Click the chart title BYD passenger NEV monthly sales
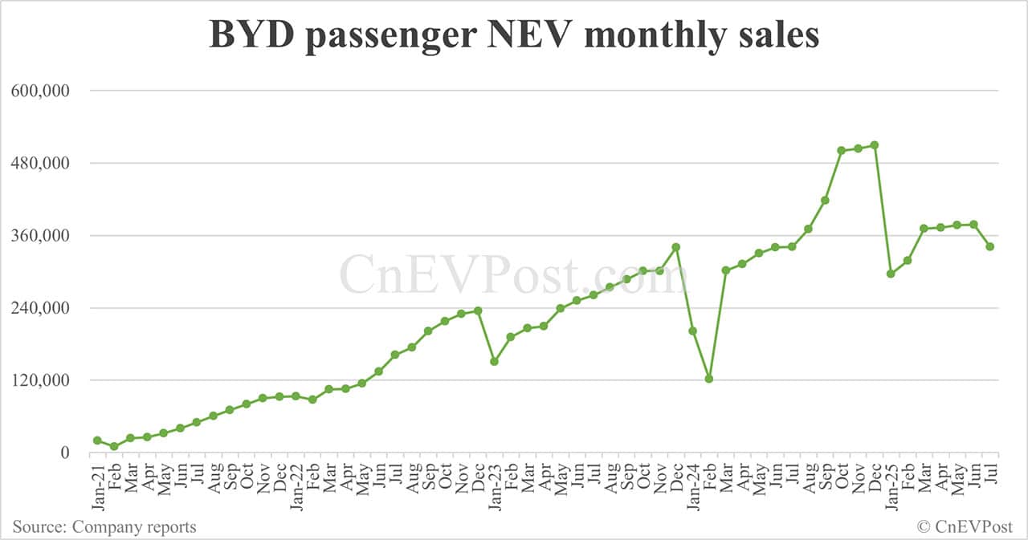point(514,36)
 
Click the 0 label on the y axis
point(67,453)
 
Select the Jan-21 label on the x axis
point(97,485)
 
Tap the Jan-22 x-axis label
point(296,485)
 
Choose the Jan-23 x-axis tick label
point(495,485)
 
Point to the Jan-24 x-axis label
point(692,485)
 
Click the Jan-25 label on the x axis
point(891,485)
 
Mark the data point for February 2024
point(709,379)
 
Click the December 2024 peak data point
point(875,145)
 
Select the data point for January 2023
point(495,362)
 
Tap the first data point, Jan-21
point(97,441)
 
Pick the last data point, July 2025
point(990,247)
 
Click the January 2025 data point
point(891,274)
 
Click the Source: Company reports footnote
point(104,527)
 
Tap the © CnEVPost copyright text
point(965,527)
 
